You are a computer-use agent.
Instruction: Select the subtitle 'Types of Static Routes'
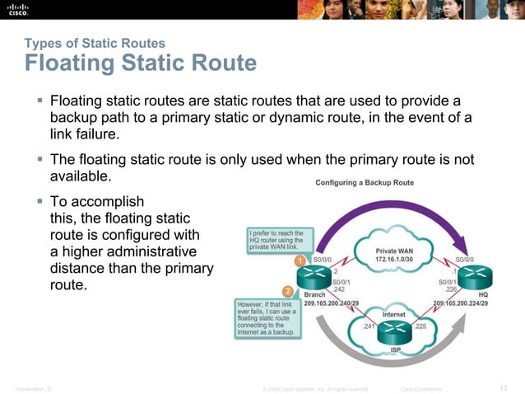[x=95, y=43]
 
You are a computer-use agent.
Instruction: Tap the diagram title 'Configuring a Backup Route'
[x=365, y=183]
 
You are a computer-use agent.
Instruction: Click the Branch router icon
[x=315, y=276]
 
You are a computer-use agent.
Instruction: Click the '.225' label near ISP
[x=420, y=326]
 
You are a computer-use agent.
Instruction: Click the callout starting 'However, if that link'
[x=267, y=317]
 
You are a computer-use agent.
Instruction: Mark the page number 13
[x=504, y=387]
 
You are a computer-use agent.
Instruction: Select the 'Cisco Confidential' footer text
[x=420, y=388]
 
